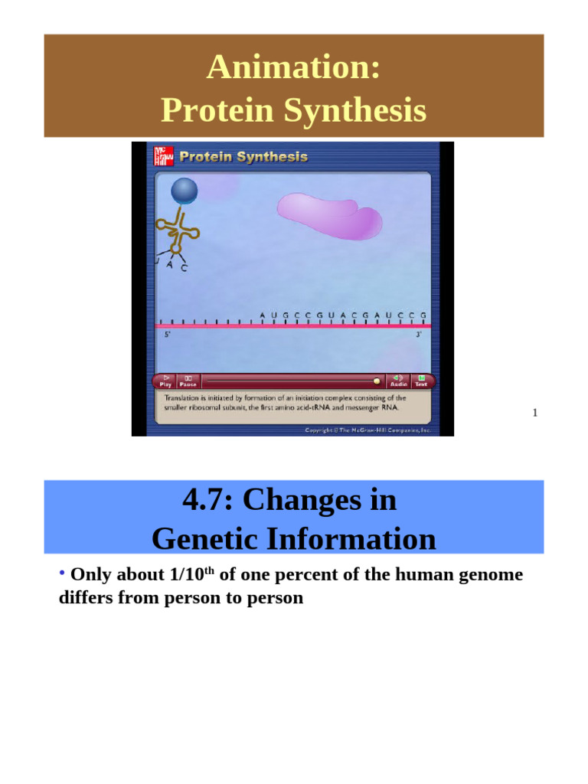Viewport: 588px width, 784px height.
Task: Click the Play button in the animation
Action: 165,381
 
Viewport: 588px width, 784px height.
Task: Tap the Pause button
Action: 188,381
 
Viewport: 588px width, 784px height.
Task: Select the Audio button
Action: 398,381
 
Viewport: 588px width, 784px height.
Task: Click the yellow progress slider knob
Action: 376,380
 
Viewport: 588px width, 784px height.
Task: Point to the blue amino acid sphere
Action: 184,191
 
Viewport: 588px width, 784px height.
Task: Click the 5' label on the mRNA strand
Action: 168,335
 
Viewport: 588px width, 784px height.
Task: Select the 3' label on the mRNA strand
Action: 419,335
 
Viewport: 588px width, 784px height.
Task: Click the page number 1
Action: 535,413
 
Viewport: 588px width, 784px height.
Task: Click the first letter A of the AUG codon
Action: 262,315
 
